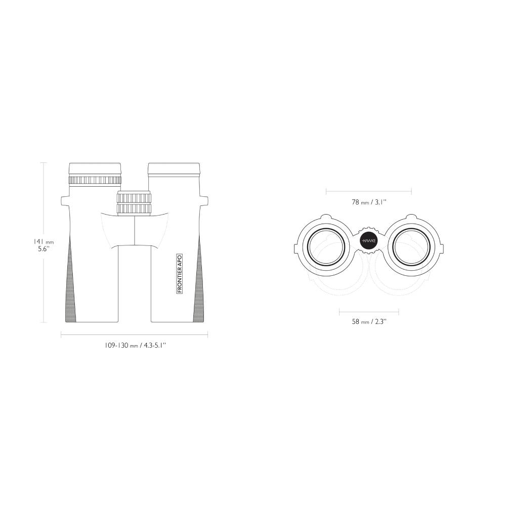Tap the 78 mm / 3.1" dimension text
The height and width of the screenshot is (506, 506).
pyautogui.click(x=369, y=202)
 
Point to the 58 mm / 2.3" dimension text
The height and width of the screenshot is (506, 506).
pyautogui.click(x=369, y=321)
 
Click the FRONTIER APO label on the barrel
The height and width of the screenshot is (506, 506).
pyautogui.click(x=180, y=273)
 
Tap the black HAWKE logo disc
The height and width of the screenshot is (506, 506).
pyautogui.click(x=369, y=241)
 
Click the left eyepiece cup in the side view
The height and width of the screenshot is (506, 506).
pyautogui.click(x=95, y=170)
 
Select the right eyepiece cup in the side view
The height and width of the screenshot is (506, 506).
pyautogui.click(x=174, y=170)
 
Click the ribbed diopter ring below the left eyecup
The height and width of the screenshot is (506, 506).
pyautogui.click(x=95, y=181)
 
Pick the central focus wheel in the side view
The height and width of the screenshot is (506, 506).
pyautogui.click(x=134, y=203)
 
